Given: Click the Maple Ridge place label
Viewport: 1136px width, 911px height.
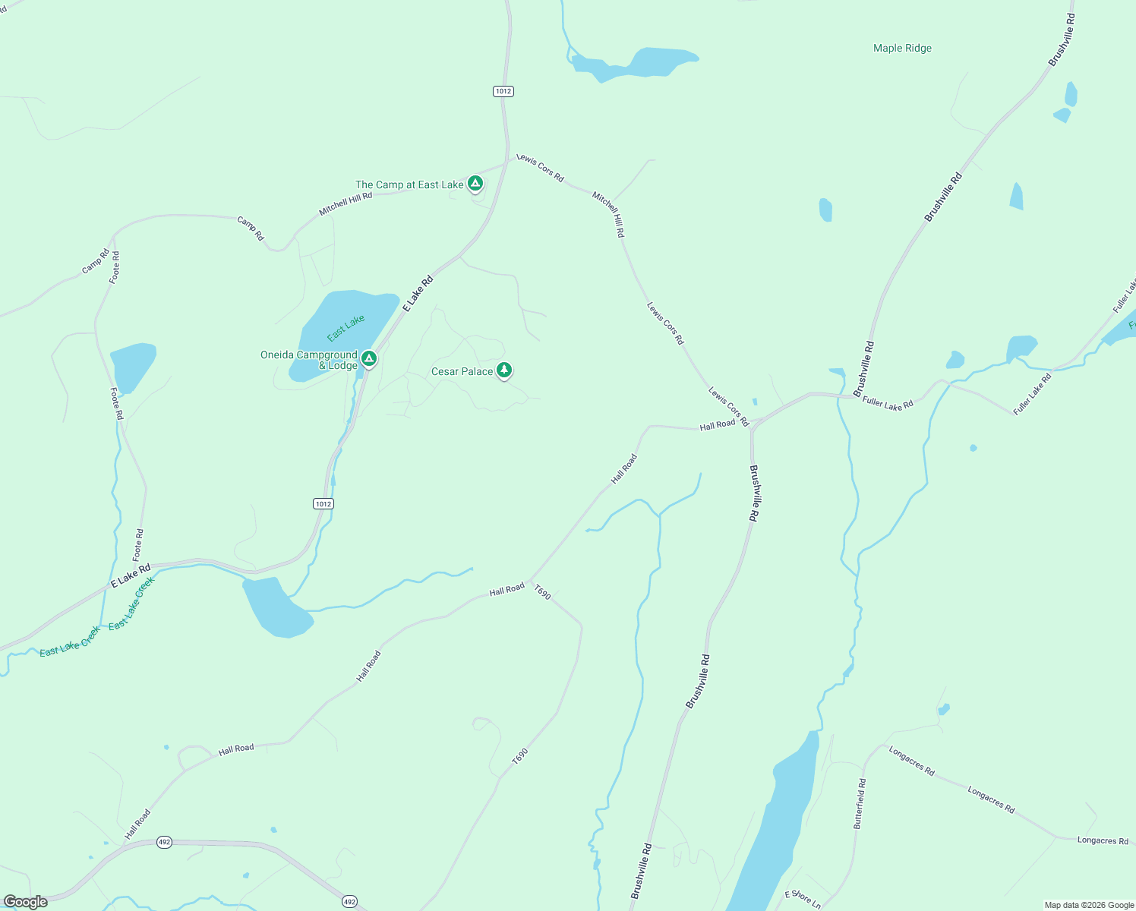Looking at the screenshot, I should [902, 49].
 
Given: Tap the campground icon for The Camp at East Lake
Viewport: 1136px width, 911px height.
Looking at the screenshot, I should [475, 183].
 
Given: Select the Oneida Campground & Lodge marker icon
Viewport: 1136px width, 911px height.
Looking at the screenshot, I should [369, 358].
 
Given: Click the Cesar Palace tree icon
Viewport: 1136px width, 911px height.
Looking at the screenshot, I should [504, 370].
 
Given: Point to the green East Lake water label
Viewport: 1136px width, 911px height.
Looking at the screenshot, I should [346, 327].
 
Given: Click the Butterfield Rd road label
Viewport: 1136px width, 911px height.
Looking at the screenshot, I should [860, 803].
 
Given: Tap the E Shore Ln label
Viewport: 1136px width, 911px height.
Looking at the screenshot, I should [803, 899].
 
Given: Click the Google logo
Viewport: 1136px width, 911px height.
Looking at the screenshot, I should [25, 902].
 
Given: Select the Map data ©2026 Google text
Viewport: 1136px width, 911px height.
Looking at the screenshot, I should [1089, 905].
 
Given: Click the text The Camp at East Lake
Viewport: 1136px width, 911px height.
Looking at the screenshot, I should [409, 184].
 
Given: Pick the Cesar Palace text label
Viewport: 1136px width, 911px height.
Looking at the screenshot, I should [462, 371].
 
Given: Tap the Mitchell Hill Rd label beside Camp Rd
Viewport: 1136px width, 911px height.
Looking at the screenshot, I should [346, 203].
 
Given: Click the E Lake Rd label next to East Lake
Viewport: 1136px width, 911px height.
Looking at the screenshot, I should [418, 293].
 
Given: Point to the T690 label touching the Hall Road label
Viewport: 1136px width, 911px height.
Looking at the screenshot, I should [542, 592].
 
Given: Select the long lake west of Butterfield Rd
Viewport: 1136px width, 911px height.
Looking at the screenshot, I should [782, 820].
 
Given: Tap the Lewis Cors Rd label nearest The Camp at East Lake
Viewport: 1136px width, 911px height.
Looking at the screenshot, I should [540, 168].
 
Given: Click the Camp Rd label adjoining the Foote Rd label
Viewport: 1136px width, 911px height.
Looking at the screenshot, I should [95, 261].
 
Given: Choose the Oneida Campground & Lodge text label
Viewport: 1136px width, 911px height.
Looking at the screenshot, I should [309, 360].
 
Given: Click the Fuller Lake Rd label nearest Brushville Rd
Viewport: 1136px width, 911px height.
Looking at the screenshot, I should [888, 405].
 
